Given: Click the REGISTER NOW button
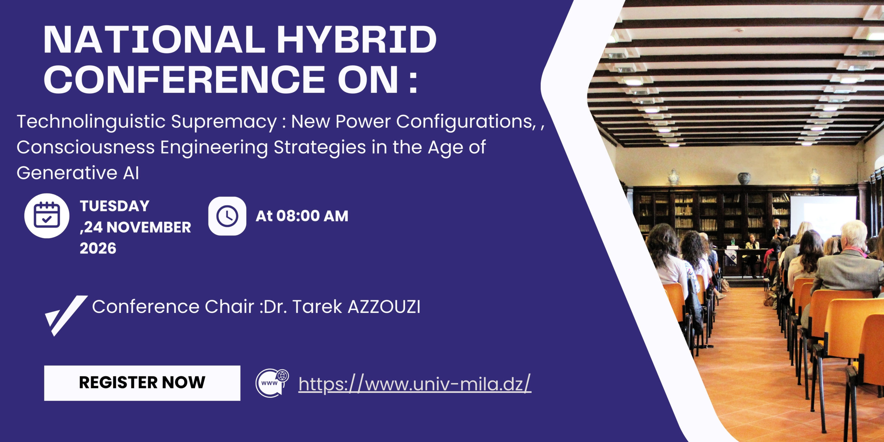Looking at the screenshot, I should pos(142,383).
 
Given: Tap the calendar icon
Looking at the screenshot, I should pos(47,216).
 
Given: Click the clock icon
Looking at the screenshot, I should pos(227,216).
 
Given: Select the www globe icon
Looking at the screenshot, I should pos(272,383).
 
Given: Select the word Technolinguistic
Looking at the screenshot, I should pos(91,122).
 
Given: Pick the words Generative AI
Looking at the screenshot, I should pos(78,173).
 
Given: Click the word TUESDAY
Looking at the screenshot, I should pos(115,206).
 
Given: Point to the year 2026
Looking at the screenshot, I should pos(98,248).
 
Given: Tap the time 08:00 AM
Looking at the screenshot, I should pos(312,216).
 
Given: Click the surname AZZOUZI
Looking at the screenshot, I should pos(384,307).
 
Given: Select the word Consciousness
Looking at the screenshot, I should pos(85,147).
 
